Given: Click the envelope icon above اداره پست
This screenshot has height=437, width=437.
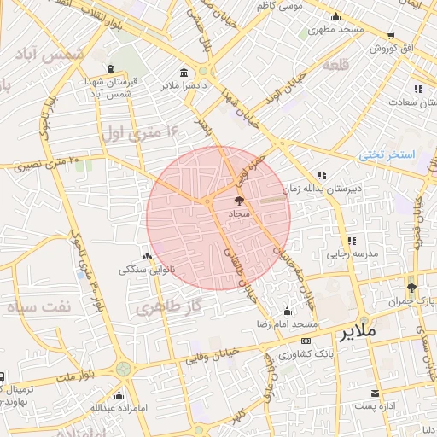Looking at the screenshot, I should [376, 393].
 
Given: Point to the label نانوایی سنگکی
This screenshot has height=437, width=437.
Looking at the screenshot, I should [150, 269].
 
